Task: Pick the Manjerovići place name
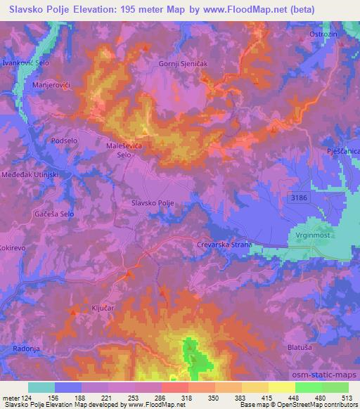[51, 85]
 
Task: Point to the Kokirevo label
[14, 230]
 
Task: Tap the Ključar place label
[98, 308]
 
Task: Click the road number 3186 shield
[300, 199]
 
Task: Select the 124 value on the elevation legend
[26, 397]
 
